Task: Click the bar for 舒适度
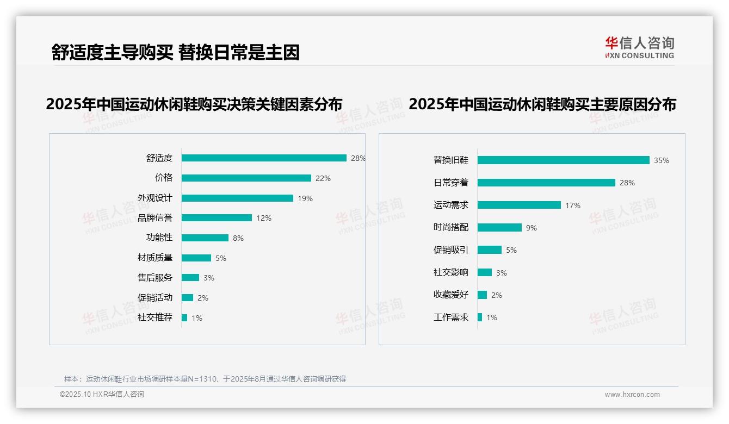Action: pyautogui.click(x=264, y=158)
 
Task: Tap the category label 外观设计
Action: pyautogui.click(x=155, y=198)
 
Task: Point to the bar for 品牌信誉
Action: pyautogui.click(x=217, y=218)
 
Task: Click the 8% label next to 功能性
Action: pyautogui.click(x=238, y=238)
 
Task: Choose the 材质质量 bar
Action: pyautogui.click(x=196, y=258)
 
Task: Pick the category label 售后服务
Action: pyautogui.click(x=155, y=277)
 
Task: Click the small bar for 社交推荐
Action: pyautogui.click(x=184, y=317)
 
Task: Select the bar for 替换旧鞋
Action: pyautogui.click(x=563, y=160)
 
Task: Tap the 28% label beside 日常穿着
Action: pyautogui.click(x=627, y=183)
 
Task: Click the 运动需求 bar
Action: pyautogui.click(x=519, y=205)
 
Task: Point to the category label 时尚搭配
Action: pyautogui.click(x=451, y=227)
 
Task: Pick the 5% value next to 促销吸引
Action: pyautogui.click(x=511, y=250)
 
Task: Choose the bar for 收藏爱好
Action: pyautogui.click(x=482, y=295)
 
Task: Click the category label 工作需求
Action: pyautogui.click(x=451, y=317)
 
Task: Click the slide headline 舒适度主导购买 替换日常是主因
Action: pyautogui.click(x=175, y=52)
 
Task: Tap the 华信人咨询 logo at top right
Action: pyautogui.click(x=639, y=47)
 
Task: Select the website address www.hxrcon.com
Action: pyautogui.click(x=632, y=395)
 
